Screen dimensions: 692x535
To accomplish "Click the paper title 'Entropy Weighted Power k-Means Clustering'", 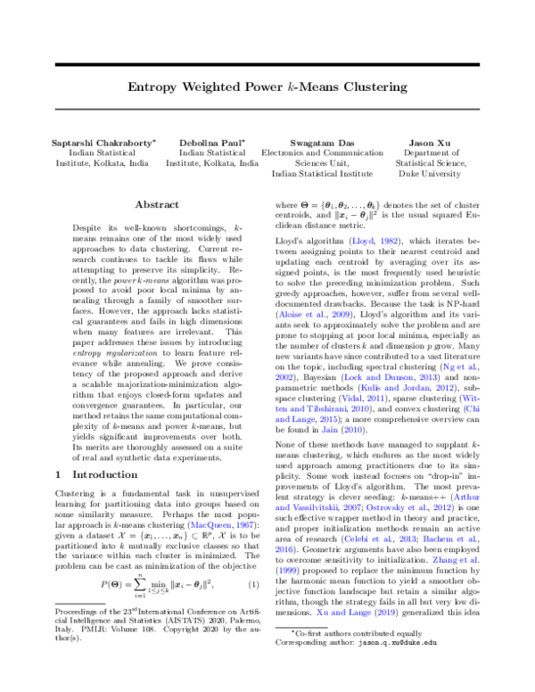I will coord(267,89).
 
